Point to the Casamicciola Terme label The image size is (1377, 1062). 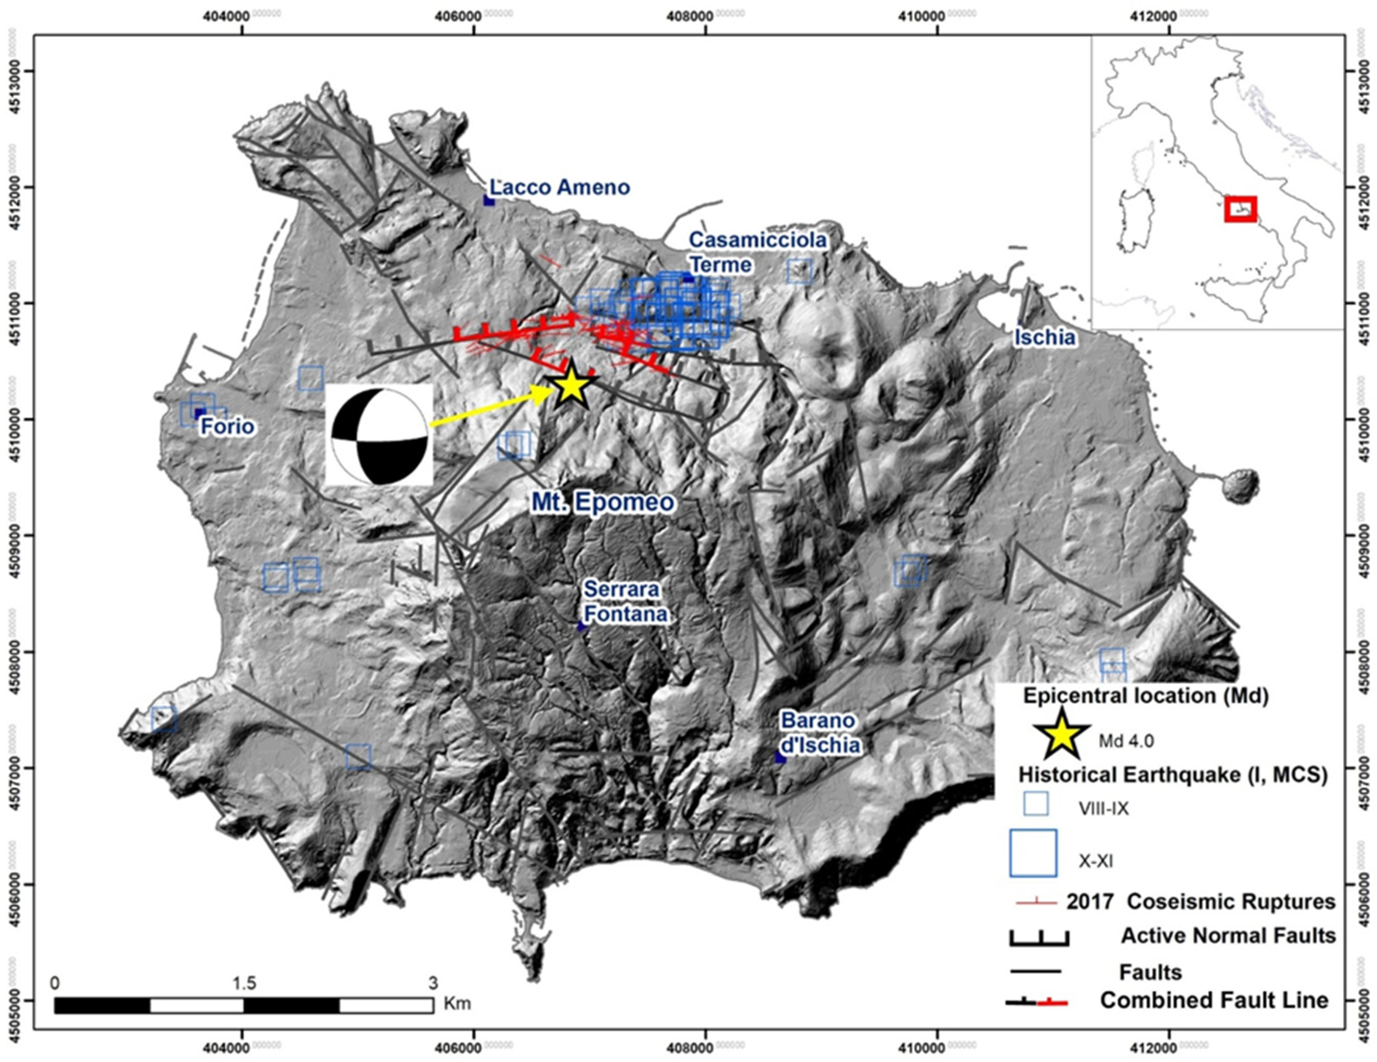[x=757, y=252]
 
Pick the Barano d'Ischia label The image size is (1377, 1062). [x=820, y=733]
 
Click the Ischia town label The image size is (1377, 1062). [x=1044, y=338]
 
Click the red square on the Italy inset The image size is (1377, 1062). [x=1240, y=210]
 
